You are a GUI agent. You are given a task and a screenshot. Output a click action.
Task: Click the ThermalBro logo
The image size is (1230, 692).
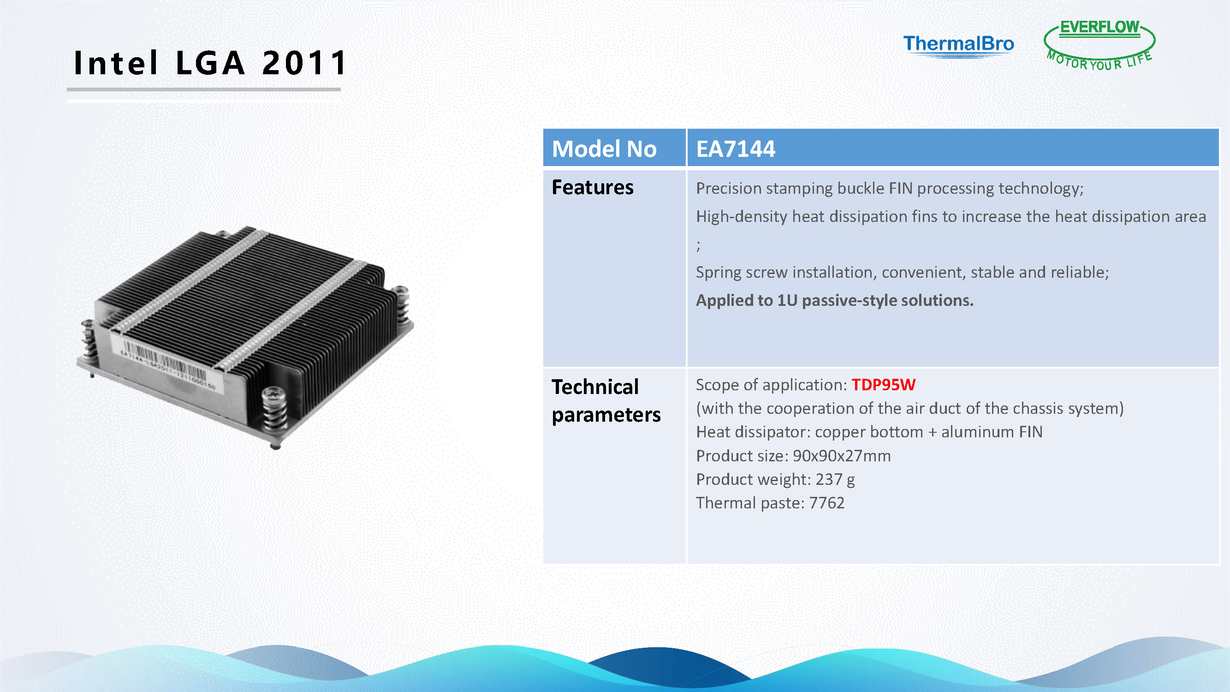click(958, 46)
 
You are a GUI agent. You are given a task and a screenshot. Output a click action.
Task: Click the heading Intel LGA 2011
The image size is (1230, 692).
click(210, 63)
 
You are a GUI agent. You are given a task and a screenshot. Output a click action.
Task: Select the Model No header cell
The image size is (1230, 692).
click(614, 148)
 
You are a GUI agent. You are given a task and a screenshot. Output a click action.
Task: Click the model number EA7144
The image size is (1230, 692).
click(735, 149)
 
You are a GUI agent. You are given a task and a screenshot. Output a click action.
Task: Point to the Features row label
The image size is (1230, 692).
click(592, 187)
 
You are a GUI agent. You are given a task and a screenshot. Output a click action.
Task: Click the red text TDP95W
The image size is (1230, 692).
click(883, 384)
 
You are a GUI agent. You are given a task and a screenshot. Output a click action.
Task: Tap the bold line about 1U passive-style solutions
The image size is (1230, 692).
click(835, 300)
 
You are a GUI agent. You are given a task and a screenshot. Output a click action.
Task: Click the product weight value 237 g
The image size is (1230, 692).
click(835, 479)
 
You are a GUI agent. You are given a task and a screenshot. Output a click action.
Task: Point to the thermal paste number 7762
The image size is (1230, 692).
click(826, 503)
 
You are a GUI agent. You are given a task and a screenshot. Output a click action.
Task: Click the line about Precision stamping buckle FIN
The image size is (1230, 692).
click(890, 189)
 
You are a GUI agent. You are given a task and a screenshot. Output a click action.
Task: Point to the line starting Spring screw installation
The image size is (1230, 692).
click(903, 273)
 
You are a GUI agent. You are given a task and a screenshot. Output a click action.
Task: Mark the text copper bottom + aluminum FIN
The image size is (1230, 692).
click(929, 432)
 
